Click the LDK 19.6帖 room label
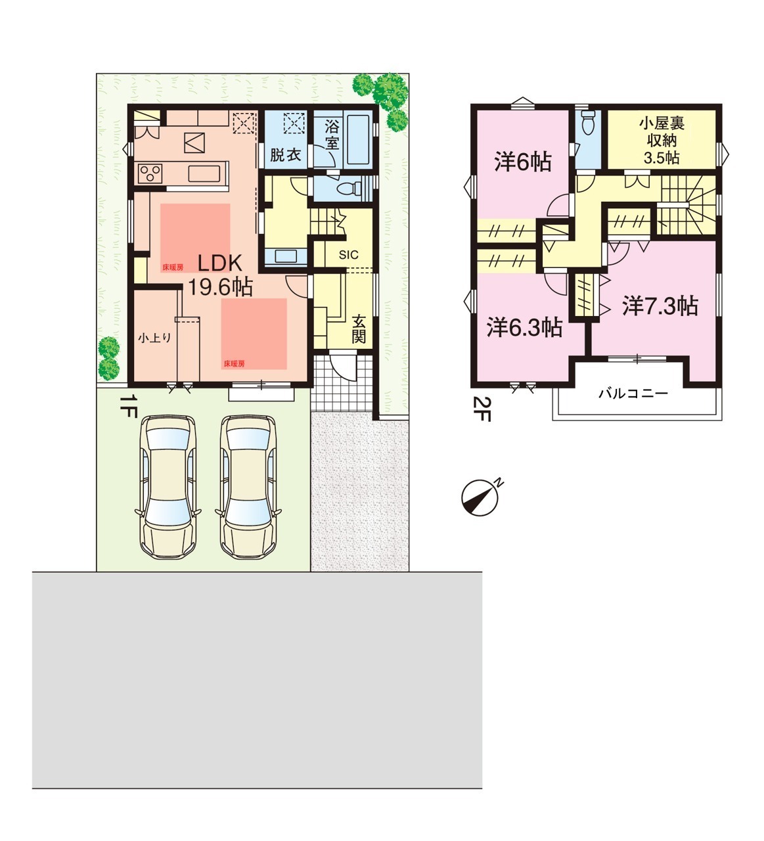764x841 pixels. coord(219,275)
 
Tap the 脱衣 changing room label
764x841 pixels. coord(285,154)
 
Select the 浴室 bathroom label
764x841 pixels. coord(332,135)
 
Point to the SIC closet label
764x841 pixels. coord(348,254)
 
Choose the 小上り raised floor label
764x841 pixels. coord(155,338)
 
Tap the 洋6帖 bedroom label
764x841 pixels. coord(522,162)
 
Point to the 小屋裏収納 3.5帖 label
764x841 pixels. coord(662,141)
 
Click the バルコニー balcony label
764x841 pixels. coord(633,394)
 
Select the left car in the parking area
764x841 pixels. coord(168,487)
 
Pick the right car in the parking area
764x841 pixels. coord(248,487)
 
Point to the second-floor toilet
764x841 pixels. coord(588,122)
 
